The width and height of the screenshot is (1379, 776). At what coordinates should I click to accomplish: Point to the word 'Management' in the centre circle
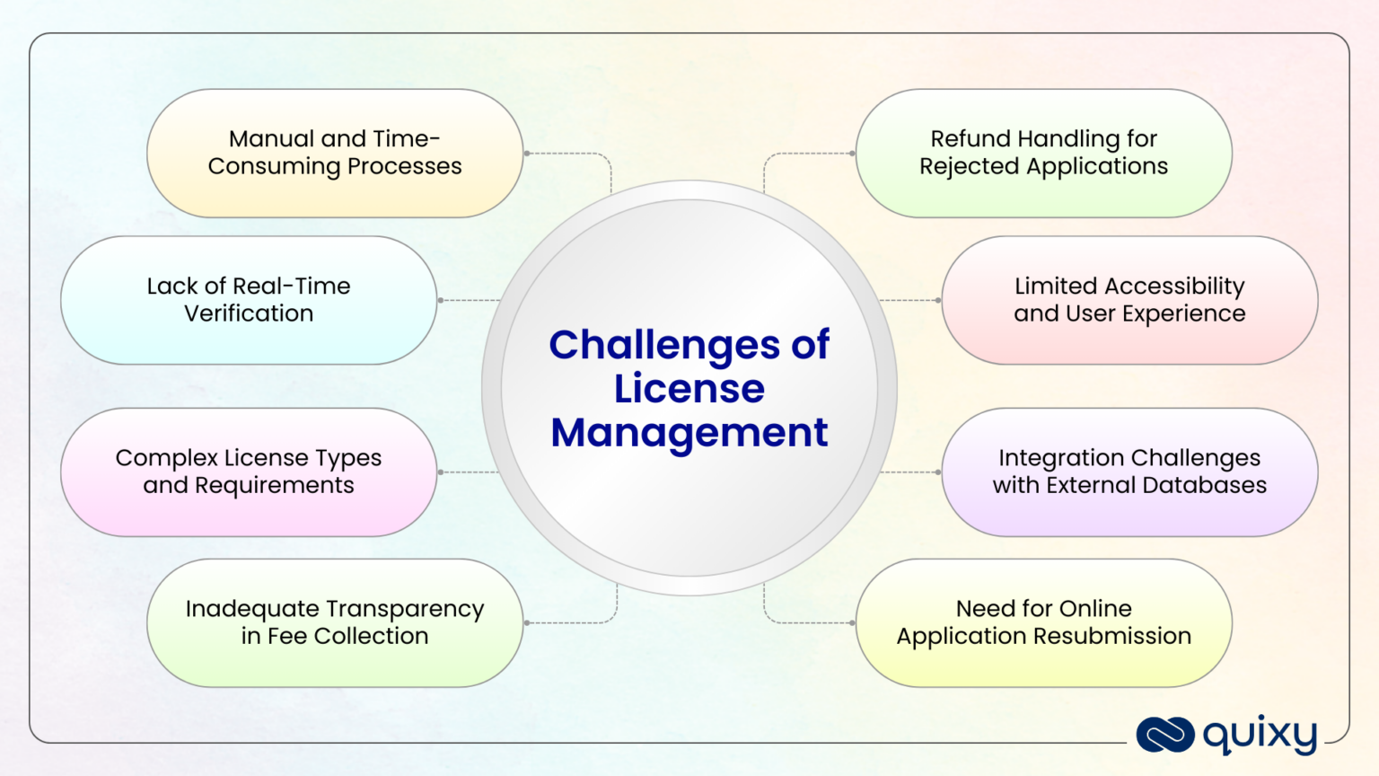coord(689,433)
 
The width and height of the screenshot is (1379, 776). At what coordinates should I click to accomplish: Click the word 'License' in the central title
coord(689,389)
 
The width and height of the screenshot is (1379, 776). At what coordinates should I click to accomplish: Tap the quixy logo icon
coord(1164,735)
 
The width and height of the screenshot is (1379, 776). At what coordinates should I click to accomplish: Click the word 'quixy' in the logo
coord(1260,736)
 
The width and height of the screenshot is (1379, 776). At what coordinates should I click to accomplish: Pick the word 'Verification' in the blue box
coord(249,313)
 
